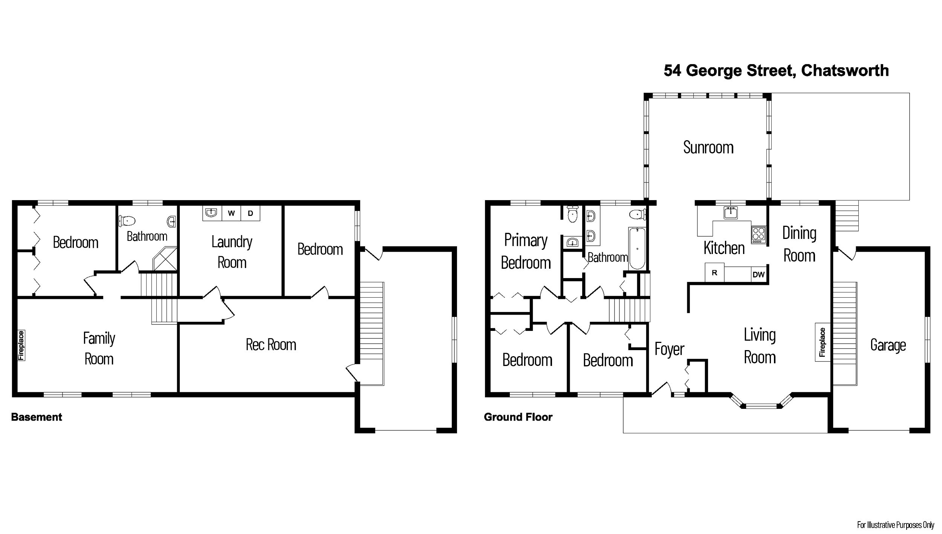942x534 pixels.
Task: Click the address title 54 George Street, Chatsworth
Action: (776, 70)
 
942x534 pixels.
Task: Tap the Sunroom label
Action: (708, 147)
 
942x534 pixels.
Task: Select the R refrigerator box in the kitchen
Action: (714, 273)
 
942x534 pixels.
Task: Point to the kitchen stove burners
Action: (758, 234)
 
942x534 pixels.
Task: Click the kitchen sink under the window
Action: (731, 213)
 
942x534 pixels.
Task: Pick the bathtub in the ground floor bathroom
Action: (637, 248)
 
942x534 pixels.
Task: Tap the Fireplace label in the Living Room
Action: (823, 342)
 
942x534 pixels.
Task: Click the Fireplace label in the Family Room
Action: (21, 345)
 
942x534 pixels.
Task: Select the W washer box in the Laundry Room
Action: (231, 213)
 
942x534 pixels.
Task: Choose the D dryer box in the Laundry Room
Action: (250, 213)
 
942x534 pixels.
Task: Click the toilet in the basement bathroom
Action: (127, 220)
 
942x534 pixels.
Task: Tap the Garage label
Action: (888, 345)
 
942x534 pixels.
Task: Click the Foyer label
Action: (669, 349)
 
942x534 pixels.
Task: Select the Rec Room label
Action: (271, 344)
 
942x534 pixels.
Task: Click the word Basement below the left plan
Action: (37, 417)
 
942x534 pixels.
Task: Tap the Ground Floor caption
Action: (518, 417)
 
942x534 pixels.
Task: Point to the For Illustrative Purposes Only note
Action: (896, 525)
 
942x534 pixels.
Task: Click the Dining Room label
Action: (799, 244)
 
